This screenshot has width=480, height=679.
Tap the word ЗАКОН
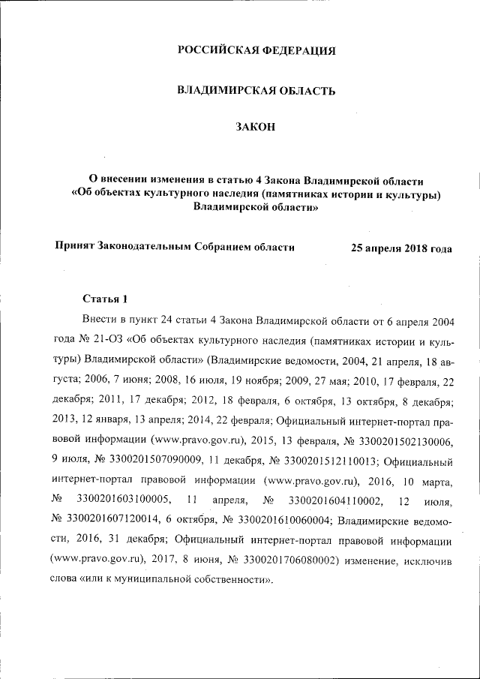point(255,130)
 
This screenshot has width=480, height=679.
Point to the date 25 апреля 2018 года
point(401,248)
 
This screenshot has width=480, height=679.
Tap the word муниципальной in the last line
point(162,579)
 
